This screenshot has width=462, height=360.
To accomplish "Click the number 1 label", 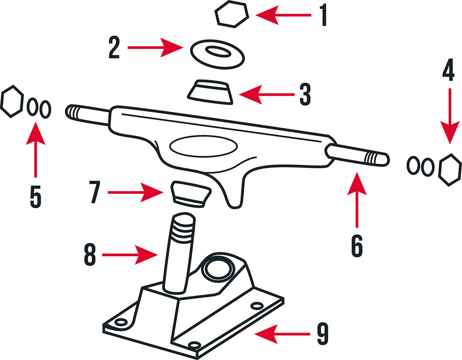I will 323,15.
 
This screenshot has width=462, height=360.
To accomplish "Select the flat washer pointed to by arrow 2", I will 218,54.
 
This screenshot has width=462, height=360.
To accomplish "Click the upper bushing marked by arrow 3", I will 210,92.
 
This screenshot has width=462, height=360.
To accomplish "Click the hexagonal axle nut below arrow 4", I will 450,170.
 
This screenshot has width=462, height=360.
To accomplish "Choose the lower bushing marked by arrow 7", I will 190,194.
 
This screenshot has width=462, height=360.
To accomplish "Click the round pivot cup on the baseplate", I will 218,270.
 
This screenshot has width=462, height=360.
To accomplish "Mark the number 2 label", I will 114,48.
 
